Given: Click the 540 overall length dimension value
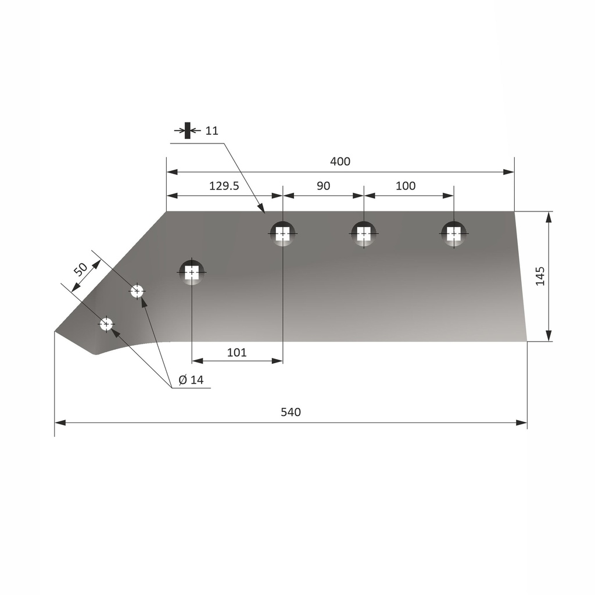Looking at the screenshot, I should coord(291,412).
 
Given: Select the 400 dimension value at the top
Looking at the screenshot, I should coord(340,162).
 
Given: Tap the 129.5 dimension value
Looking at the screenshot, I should coord(224,186).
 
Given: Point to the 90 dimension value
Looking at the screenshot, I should coord(324,186).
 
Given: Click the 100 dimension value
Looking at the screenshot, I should coord(406,186).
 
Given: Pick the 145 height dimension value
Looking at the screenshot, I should coord(540,276).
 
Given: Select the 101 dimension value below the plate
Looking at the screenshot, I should coord(236,352).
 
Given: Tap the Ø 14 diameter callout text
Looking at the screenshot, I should coord(191,380).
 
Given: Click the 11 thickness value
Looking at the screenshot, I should coord(212,131).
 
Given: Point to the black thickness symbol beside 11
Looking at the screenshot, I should coord(188,130).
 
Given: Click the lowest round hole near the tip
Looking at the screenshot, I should coord(106,324).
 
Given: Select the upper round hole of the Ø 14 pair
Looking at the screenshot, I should coord(137,291).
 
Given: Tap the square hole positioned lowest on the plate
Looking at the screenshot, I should coord(192,272).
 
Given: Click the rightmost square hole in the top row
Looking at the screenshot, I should coord(453,234).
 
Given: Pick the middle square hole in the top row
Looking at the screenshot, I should coord(364,234).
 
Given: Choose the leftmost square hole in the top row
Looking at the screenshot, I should coord(282,234).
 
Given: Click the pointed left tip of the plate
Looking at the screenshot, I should coord(56,331).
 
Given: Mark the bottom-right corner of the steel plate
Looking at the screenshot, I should coord(526,341).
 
